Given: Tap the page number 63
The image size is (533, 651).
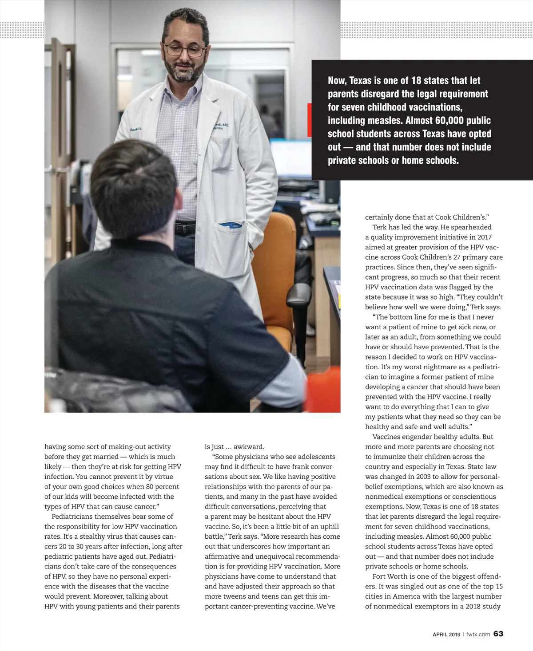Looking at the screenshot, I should [x=498, y=634].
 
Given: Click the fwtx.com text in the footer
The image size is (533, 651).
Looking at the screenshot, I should [x=478, y=634].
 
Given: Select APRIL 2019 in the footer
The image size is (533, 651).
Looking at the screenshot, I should [x=446, y=635].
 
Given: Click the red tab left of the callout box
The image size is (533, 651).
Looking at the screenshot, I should [x=309, y=120].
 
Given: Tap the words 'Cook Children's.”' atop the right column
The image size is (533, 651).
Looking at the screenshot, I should [x=462, y=217].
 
